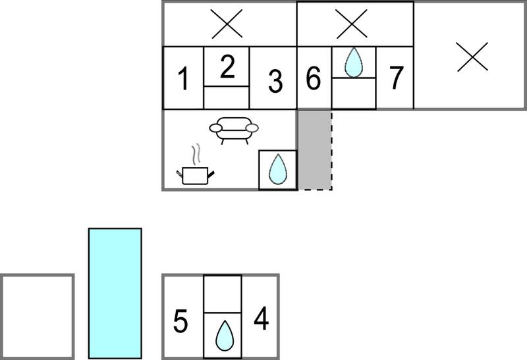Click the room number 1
[x=183, y=79]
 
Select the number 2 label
[x=227, y=67]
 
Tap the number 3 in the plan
[x=275, y=81]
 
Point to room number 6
[x=314, y=78]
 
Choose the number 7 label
[x=396, y=78]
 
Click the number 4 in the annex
[x=261, y=318]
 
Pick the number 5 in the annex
[x=180, y=321]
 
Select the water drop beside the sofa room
[x=277, y=169]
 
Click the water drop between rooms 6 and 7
[x=354, y=63]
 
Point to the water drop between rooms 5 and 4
[x=225, y=335]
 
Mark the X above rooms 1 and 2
[x=227, y=24]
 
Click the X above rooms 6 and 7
[x=351, y=24]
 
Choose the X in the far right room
[x=472, y=57]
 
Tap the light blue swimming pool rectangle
[x=115, y=294]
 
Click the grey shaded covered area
[x=315, y=150]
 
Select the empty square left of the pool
[x=37, y=317]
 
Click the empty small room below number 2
[x=226, y=97]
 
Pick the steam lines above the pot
[x=196, y=154]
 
